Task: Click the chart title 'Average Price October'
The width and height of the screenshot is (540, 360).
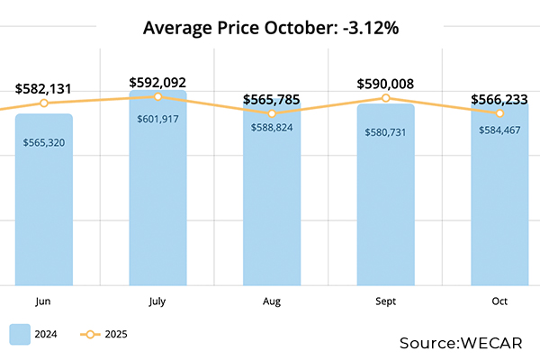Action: click(271, 29)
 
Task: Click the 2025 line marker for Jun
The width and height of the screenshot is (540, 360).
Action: click(43, 103)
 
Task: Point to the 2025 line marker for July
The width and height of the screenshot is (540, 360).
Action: click(157, 96)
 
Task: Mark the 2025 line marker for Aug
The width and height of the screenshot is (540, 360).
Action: click(272, 112)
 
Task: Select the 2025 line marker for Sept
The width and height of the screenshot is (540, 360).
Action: click(385, 97)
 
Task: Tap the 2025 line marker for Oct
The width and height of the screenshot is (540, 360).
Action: click(499, 113)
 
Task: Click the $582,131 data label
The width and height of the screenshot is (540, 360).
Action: click(43, 88)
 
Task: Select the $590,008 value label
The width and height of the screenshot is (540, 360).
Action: click(385, 84)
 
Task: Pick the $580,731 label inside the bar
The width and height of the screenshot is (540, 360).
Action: click(385, 132)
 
